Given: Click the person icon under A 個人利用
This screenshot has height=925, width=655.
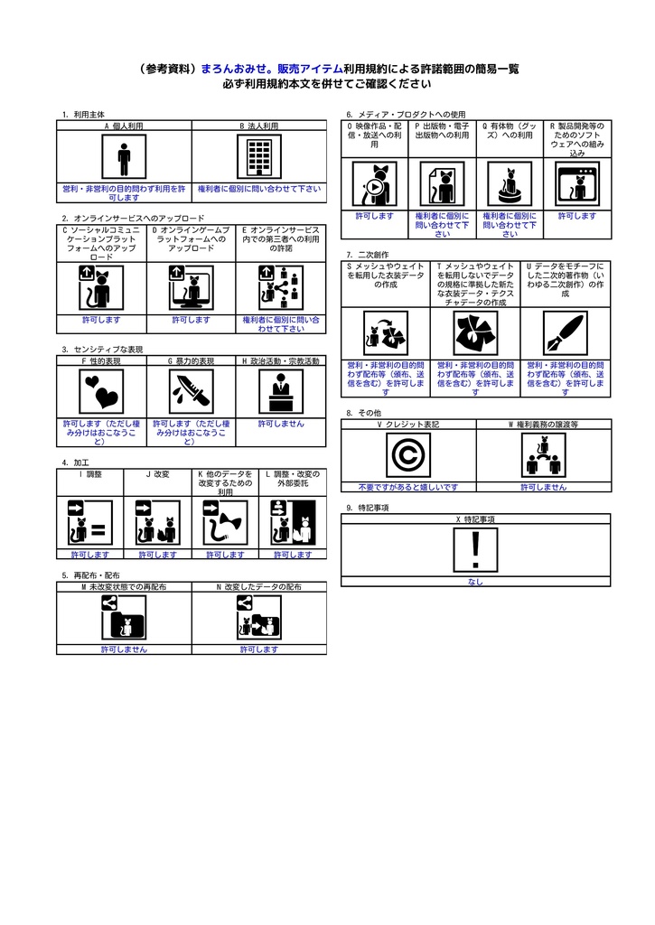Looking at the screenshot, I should [x=124, y=158].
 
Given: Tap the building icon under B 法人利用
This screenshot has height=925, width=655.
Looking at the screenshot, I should [x=259, y=158].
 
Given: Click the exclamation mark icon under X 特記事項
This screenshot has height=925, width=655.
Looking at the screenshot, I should [x=475, y=550].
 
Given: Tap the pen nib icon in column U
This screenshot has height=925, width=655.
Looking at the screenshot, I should [x=565, y=333].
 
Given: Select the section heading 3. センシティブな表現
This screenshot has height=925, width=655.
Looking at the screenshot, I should [x=103, y=349].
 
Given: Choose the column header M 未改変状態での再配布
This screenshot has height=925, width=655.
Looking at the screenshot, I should [x=124, y=586].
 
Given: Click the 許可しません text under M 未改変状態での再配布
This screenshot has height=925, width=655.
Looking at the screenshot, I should [x=124, y=649].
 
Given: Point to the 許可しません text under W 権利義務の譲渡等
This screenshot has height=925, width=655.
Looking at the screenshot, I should [x=543, y=487].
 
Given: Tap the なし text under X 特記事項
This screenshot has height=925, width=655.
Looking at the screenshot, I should [x=475, y=582].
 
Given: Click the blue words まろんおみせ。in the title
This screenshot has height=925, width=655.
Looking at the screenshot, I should [x=238, y=69].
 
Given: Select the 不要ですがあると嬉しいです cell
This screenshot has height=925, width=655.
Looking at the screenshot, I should [x=407, y=487].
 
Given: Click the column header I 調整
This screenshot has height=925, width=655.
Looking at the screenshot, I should [x=90, y=474].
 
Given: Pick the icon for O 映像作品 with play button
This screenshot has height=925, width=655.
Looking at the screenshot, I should [x=374, y=184].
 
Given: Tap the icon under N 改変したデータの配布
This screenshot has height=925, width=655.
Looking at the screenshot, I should [x=258, y=619].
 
